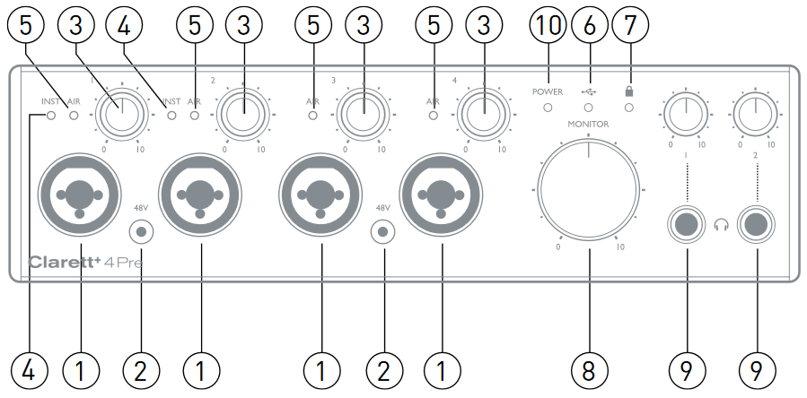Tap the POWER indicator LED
(547, 108)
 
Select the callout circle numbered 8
(589, 368)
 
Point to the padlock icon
(629, 91)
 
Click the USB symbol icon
(589, 91)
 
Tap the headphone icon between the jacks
(722, 227)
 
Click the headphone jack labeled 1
(688, 226)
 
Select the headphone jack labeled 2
(756, 226)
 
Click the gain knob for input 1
(120, 115)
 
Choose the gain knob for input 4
(482, 115)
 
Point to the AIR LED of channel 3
(313, 116)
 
